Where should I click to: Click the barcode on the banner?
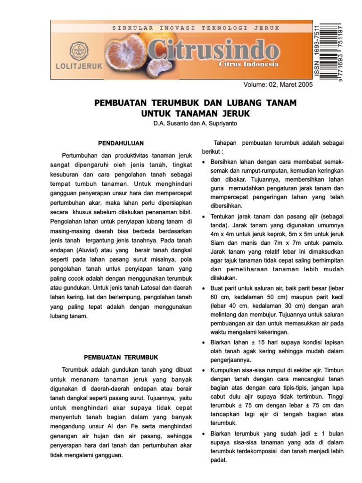click(330, 51)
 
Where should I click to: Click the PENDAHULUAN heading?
click(121, 143)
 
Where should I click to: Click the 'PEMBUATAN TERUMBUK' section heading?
click(121, 357)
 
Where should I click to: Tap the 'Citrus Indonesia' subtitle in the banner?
click(249, 65)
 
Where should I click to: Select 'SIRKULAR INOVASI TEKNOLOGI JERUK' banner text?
click(196, 28)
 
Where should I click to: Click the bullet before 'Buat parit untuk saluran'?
click(203, 288)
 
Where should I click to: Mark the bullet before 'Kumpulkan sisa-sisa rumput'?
click(203, 371)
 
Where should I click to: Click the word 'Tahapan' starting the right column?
click(225, 143)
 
